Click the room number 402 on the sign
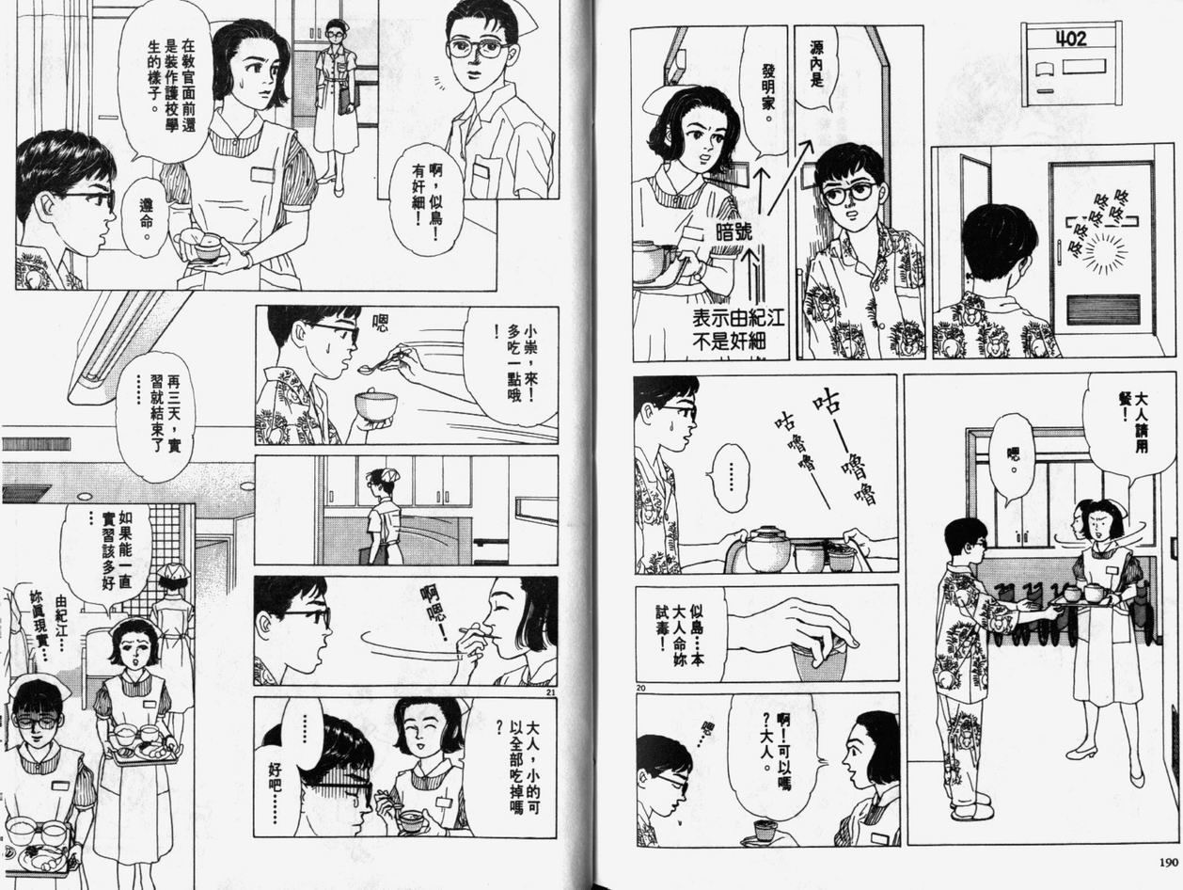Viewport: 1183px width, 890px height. pyautogui.click(x=1071, y=39)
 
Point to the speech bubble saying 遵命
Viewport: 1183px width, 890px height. pyautogui.click(x=145, y=213)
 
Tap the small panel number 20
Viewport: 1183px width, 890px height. pyautogui.click(x=640, y=688)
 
